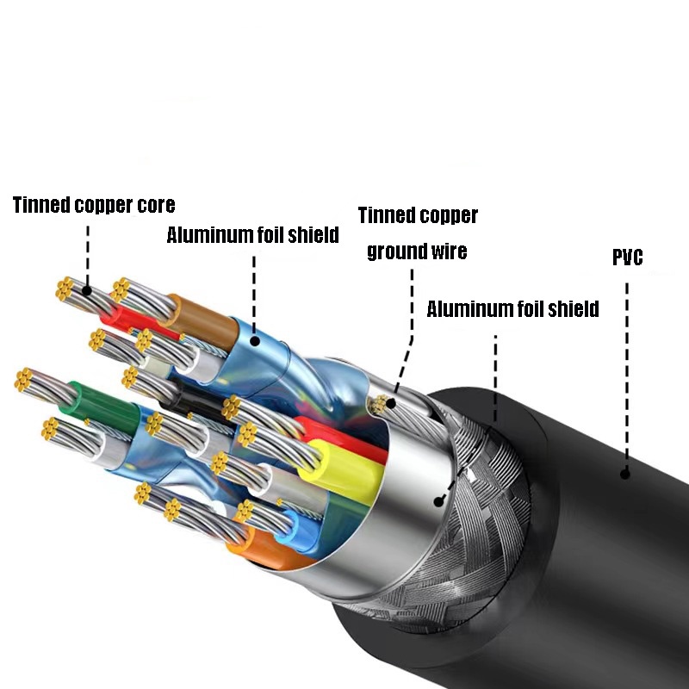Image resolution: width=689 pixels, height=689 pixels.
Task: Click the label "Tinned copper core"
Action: pyautogui.click(x=94, y=205)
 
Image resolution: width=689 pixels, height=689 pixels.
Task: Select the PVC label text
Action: pyautogui.click(x=627, y=258)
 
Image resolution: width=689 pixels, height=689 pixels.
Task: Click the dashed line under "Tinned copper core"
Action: pyautogui.click(x=87, y=250)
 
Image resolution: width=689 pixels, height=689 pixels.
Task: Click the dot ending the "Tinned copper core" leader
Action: pyautogui.click(x=87, y=290)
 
